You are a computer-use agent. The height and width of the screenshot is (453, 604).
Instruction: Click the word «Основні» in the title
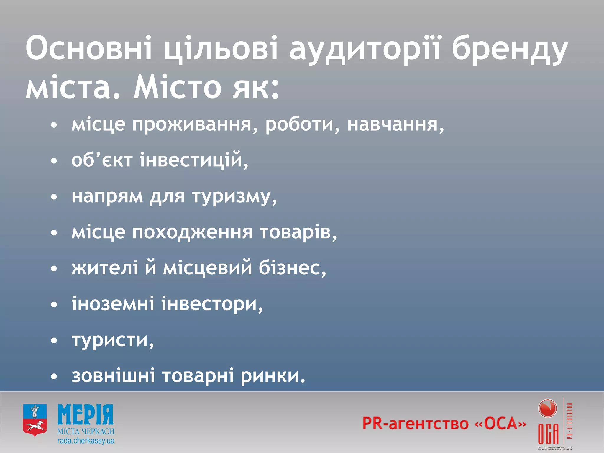[89, 48]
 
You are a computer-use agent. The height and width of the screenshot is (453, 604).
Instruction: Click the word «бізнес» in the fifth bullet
[292, 268]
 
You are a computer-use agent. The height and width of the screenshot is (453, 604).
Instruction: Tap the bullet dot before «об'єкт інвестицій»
[54, 161]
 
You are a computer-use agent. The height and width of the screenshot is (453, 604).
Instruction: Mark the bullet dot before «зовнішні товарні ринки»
[54, 377]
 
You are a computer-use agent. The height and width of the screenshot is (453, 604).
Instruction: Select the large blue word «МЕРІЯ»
[86, 415]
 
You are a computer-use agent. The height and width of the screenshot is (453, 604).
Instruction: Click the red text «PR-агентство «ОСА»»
[444, 424]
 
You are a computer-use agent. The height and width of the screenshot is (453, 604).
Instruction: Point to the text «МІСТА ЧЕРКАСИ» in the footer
[86, 431]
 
